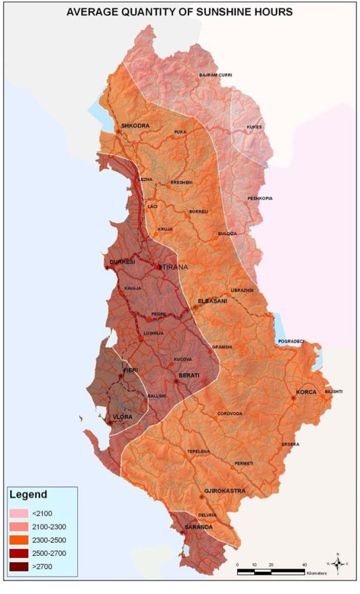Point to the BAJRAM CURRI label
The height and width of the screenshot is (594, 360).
point(216,75)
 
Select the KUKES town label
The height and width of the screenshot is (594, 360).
point(254,127)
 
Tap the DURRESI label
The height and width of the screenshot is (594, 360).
point(122,262)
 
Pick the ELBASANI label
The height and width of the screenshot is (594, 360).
point(212,301)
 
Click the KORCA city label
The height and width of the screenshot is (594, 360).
point(306,392)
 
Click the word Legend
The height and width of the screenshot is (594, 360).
point(28,495)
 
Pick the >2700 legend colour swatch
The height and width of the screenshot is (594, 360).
point(20,566)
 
